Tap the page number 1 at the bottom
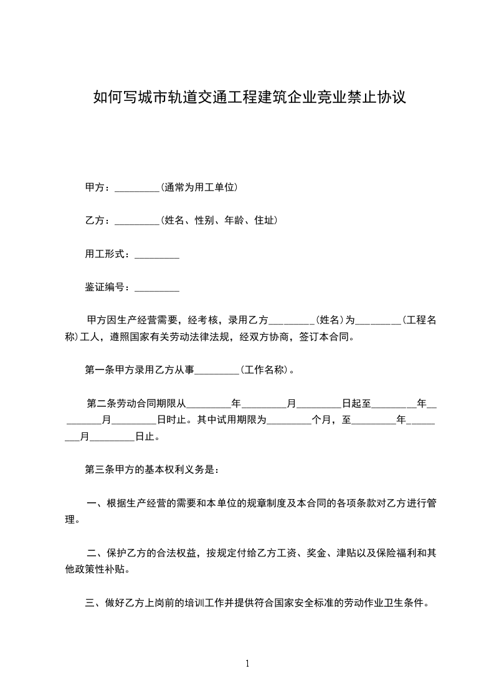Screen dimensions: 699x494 pyautogui.click(x=247, y=663)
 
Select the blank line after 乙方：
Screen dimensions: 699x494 pyautogui.click(x=138, y=221)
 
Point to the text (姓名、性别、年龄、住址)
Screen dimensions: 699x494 pyautogui.click(x=219, y=221)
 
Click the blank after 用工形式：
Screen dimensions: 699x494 pyautogui.click(x=157, y=254)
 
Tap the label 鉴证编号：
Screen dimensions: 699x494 pyautogui.click(x=109, y=287)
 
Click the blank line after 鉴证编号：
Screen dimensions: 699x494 pyautogui.click(x=157, y=287)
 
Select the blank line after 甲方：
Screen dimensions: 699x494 pyautogui.click(x=138, y=187)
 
